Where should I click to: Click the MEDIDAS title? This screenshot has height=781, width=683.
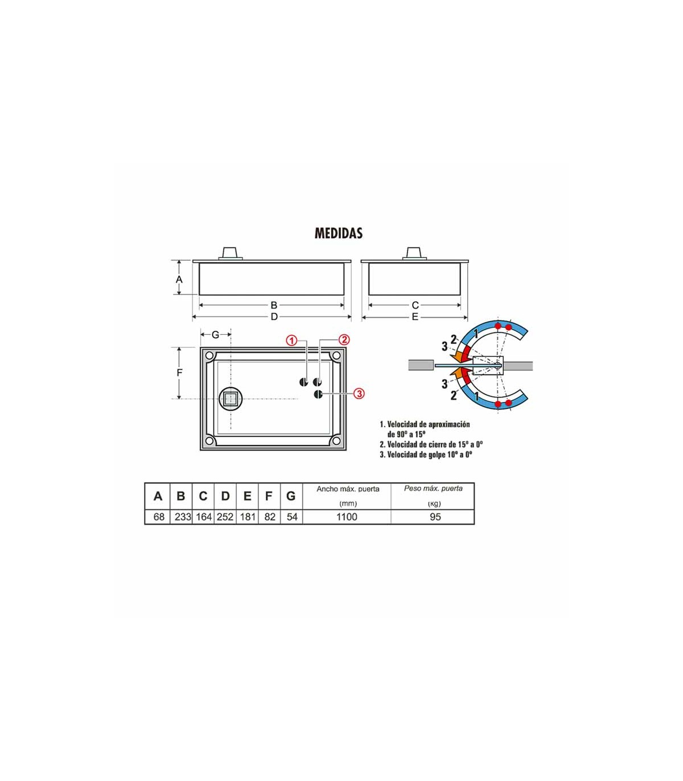339,233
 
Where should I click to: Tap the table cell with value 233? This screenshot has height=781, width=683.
183,517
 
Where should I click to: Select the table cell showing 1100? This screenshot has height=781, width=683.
347,517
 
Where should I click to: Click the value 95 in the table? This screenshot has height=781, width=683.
435,517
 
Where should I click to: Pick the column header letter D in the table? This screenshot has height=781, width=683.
225,496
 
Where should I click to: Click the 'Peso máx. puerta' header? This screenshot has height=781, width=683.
433,488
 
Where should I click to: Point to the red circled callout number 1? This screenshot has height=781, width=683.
292,340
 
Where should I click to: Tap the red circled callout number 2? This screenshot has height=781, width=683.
344,339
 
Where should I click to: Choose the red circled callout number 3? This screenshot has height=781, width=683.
359,393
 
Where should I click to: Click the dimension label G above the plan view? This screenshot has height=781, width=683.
215,335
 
